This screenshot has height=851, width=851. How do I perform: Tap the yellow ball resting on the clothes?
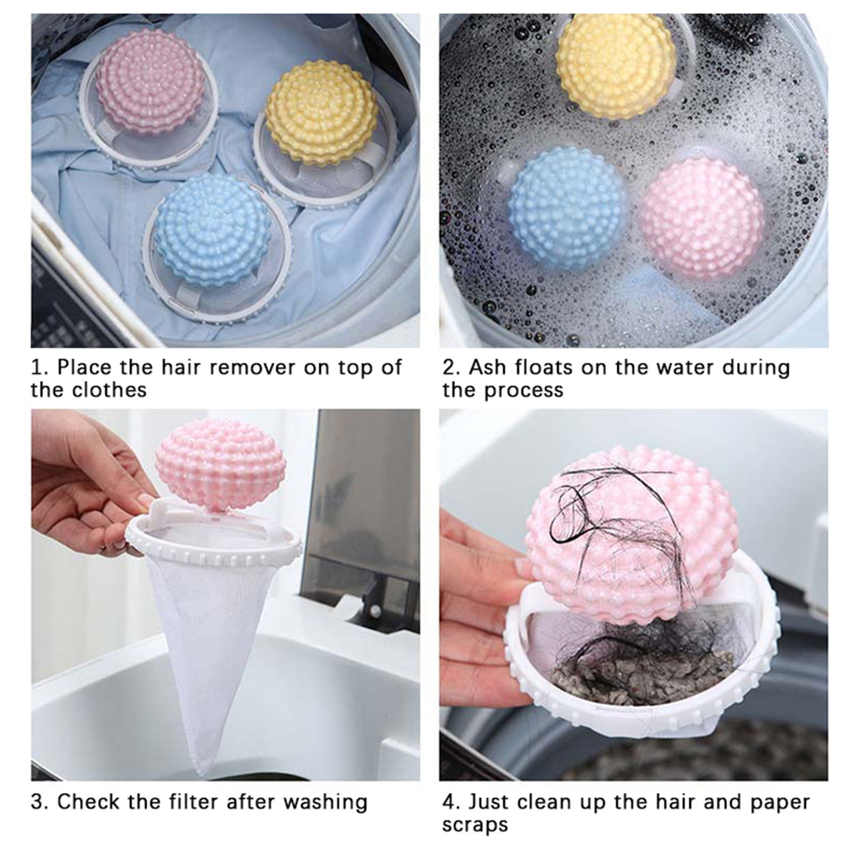click(x=322, y=112)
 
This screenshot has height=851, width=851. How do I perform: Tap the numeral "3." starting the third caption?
click(x=40, y=802)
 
